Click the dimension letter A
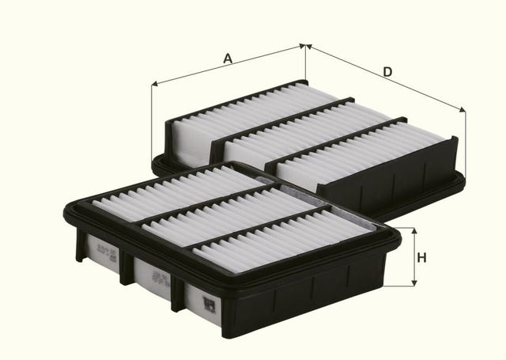click(x=228, y=58)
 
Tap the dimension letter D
click(x=387, y=72)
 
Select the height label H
click(x=421, y=257)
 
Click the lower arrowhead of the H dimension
click(x=411, y=282)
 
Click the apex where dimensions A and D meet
click(x=305, y=46)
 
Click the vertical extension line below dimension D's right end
click(x=465, y=142)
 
